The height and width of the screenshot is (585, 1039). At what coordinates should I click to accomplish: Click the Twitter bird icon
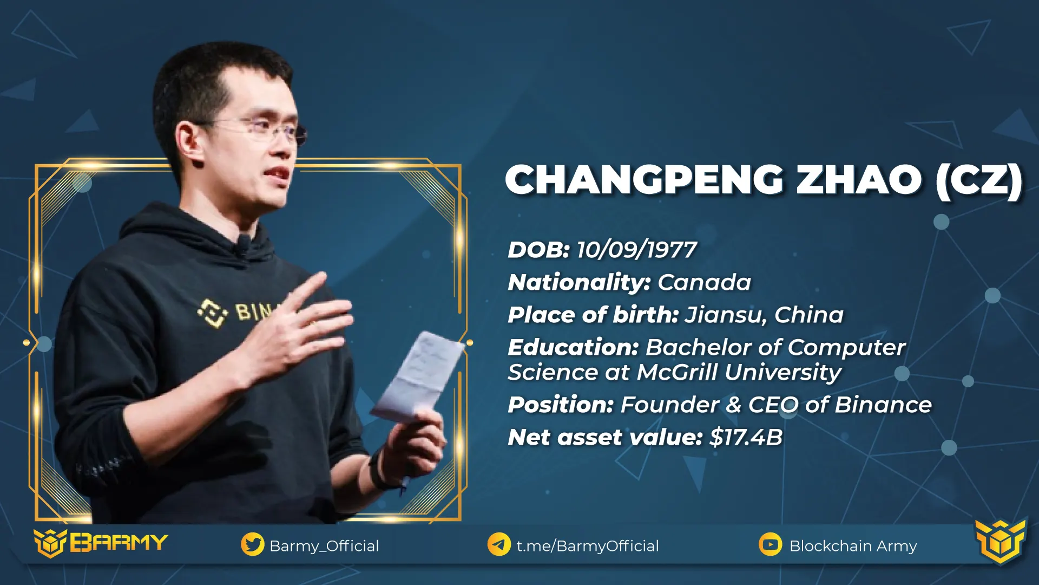pyautogui.click(x=253, y=544)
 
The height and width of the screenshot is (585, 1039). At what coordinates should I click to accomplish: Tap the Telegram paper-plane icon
pyautogui.click(x=499, y=544)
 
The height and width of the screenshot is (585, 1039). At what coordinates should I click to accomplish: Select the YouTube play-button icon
pyautogui.click(x=771, y=544)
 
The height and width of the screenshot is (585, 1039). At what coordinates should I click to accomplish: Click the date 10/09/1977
pyautogui.click(x=636, y=250)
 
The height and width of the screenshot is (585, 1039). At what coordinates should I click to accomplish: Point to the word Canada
pyautogui.click(x=705, y=282)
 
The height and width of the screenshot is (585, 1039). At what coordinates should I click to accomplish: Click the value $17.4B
pyautogui.click(x=746, y=437)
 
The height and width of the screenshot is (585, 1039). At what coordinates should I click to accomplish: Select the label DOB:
pyautogui.click(x=538, y=250)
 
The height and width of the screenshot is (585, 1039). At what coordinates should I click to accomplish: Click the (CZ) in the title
pyautogui.click(x=979, y=180)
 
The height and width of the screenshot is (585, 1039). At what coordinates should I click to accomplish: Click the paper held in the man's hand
pyautogui.click(x=417, y=377)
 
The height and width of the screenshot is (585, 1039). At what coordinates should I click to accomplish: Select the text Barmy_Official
pyautogui.click(x=324, y=545)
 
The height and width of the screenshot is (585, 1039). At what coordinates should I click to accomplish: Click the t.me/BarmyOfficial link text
pyautogui.click(x=588, y=545)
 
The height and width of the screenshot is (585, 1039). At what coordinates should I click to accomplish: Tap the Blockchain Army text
pyautogui.click(x=853, y=545)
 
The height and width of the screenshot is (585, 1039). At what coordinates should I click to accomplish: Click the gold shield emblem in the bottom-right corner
pyautogui.click(x=1001, y=542)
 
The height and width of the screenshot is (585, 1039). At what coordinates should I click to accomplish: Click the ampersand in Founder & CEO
pyautogui.click(x=734, y=405)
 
